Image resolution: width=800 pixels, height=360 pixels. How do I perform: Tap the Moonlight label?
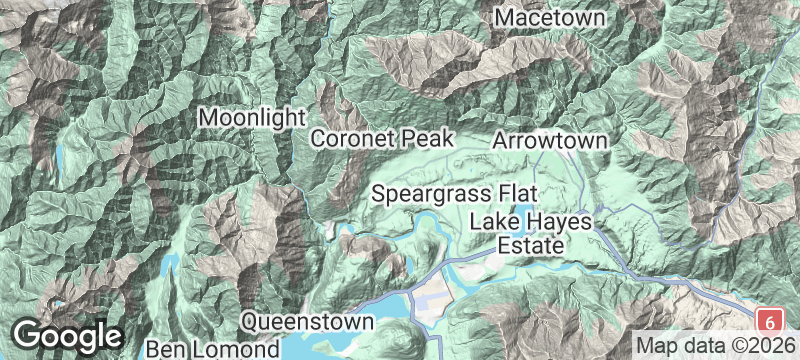251,117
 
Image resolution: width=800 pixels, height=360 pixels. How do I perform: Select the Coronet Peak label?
383,139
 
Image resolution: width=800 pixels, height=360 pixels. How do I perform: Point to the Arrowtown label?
549,141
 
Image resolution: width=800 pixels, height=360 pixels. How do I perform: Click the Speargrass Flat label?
455,192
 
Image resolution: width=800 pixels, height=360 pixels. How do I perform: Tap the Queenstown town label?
308,322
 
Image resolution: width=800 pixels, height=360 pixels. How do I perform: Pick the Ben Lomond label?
211,349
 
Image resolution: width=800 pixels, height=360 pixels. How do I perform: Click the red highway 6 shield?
768,322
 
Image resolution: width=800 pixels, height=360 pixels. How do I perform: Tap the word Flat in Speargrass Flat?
517,192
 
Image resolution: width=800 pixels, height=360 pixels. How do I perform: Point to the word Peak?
432,139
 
